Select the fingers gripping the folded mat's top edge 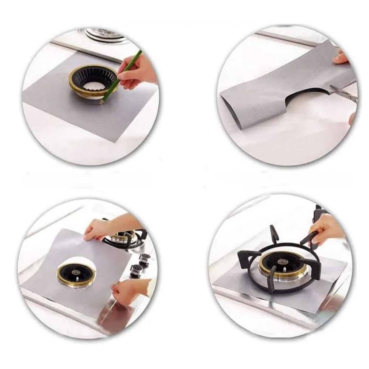[340, 58]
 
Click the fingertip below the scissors [352, 118]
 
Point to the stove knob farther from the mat [145, 259]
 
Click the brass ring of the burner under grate [283, 273]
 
